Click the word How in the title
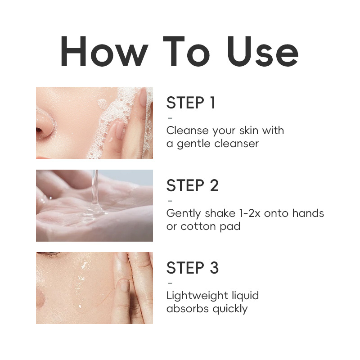104,51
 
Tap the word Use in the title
263,51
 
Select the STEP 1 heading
191,103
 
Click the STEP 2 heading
193,185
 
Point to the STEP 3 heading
193,268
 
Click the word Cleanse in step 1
187,130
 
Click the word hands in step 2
308,213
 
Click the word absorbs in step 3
188,309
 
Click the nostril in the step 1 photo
40,130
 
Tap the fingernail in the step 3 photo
125,285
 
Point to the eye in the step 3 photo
49,254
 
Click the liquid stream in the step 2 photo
95,188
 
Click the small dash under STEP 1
170,118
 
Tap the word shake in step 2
220,213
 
